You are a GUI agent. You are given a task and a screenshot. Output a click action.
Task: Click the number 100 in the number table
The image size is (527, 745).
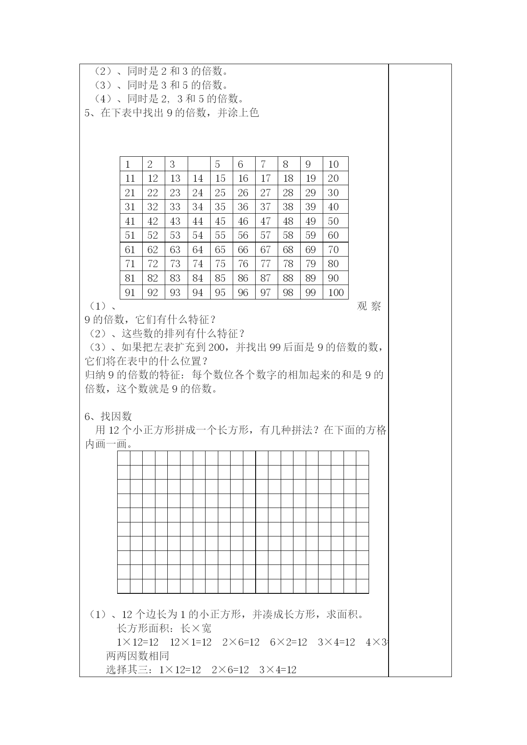(335, 292)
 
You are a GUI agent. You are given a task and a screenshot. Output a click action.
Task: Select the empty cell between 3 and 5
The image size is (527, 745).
(199, 164)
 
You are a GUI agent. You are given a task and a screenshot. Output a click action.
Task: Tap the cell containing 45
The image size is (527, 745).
(220, 221)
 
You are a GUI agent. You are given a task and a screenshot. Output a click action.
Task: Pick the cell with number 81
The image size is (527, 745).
(130, 278)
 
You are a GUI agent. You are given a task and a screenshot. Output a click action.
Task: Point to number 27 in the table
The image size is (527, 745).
(265, 193)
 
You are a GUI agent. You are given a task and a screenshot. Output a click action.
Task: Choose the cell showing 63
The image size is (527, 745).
(175, 250)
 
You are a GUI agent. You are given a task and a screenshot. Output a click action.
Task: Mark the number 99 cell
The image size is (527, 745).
(310, 292)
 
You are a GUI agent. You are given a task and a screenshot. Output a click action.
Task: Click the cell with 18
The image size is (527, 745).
(288, 178)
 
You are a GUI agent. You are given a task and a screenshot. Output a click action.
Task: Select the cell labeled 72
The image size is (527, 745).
(152, 264)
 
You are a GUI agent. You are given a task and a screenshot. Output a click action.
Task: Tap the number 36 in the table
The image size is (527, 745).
(243, 207)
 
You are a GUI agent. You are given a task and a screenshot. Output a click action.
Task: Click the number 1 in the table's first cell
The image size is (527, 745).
(128, 164)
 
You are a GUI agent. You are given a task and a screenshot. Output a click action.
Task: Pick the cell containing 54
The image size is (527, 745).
(197, 235)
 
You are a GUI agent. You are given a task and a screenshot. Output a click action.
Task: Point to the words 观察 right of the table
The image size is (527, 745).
(369, 306)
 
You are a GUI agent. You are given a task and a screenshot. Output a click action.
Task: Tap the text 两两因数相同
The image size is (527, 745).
(138, 655)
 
